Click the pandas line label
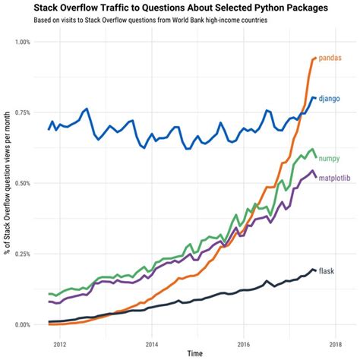tap(329, 58)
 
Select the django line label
tap(330, 99)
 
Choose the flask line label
tap(327, 271)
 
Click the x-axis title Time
tap(196, 353)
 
